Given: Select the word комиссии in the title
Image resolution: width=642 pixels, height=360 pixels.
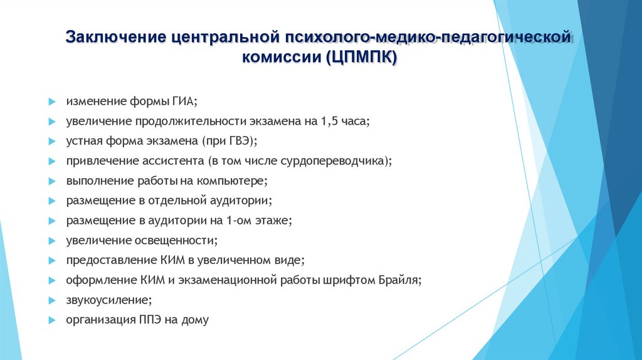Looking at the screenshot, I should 281,58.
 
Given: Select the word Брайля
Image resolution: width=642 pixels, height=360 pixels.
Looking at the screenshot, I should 399,280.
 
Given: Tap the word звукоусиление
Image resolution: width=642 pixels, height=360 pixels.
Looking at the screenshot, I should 107,300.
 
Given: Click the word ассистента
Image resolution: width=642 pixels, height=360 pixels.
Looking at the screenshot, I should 176,161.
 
